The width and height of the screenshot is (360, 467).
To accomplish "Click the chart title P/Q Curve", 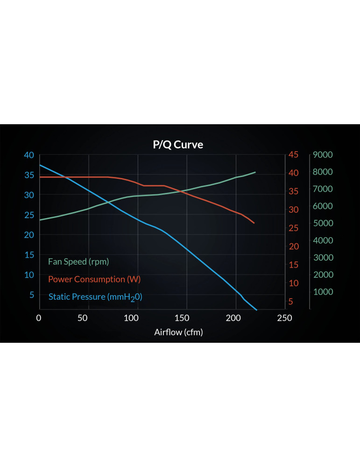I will pyautogui.click(x=178, y=145).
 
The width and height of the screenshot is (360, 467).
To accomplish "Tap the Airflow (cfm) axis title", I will pyautogui.click(x=178, y=332).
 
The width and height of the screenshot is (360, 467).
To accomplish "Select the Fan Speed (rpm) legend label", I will pyautogui.click(x=78, y=262).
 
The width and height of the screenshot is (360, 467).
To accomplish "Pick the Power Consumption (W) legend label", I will pyautogui.click(x=94, y=279).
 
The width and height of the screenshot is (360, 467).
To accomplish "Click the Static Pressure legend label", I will pyautogui.click(x=95, y=297).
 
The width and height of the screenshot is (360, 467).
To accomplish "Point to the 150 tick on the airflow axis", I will pyautogui.click(x=182, y=318).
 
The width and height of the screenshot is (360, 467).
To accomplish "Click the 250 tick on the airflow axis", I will pyautogui.click(x=284, y=318).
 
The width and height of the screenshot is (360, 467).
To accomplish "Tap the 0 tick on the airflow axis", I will pyautogui.click(x=39, y=318).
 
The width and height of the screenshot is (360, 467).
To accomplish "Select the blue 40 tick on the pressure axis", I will pyautogui.click(x=29, y=155).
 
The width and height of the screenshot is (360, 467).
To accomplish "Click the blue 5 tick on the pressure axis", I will pyautogui.click(x=32, y=295).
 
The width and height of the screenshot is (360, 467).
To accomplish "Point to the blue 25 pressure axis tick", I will pyautogui.click(x=29, y=215).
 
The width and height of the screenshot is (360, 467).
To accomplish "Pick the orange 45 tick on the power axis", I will pyautogui.click(x=293, y=155).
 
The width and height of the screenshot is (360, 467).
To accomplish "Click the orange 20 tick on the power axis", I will pyautogui.click(x=293, y=246).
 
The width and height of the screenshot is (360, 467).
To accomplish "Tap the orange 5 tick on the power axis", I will pyautogui.click(x=291, y=301).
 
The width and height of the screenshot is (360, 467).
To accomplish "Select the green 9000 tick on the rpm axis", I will pyautogui.click(x=323, y=155).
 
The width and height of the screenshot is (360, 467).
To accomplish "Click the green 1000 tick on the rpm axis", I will pyautogui.click(x=323, y=292).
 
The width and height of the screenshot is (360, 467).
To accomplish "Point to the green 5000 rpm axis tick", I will pyautogui.click(x=323, y=223).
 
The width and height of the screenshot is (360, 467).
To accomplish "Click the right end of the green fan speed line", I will pyautogui.click(x=255, y=172).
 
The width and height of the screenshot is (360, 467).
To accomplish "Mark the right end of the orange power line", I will pyautogui.click(x=254, y=223).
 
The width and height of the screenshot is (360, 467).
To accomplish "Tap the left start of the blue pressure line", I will pyautogui.click(x=40, y=165).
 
